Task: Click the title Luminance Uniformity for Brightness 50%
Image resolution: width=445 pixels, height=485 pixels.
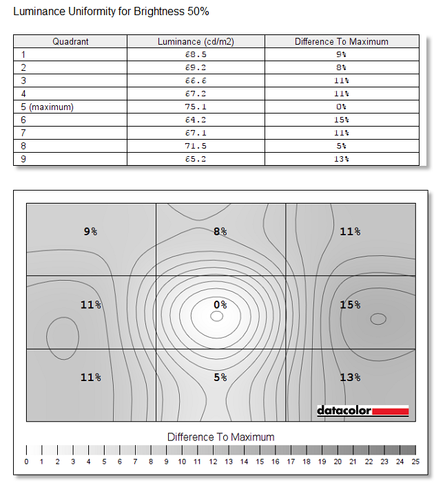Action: [111, 12]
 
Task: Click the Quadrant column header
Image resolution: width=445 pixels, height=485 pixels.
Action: [70, 41]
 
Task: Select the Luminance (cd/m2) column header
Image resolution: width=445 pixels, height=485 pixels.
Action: [196, 41]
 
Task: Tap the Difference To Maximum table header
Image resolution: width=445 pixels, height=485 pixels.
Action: [341, 41]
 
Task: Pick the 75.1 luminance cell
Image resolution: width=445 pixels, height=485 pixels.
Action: [196, 107]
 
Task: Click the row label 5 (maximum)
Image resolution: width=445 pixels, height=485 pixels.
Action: [47, 107]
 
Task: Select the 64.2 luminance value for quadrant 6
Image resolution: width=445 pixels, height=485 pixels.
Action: [196, 120]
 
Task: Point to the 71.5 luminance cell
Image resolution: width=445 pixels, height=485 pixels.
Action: [196, 146]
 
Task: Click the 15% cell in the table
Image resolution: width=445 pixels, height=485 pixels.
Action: [341, 120]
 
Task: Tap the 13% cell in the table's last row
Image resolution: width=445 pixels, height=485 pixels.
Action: [341, 159]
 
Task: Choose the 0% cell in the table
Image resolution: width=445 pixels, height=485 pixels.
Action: [341, 107]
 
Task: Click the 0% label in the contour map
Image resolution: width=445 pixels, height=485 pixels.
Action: [220, 304]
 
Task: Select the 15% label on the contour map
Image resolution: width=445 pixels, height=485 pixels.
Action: [350, 304]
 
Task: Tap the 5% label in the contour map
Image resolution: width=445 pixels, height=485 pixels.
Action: [220, 377]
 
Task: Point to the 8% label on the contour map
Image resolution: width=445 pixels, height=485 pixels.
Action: [220, 232]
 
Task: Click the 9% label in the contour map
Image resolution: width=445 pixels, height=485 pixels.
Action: [90, 232]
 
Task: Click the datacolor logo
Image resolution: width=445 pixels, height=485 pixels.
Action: [362, 411]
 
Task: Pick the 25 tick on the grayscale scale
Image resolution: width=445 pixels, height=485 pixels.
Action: [415, 462]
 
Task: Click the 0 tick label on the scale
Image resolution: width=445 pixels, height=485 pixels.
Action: [26, 462]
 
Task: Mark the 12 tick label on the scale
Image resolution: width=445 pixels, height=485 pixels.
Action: [213, 462]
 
